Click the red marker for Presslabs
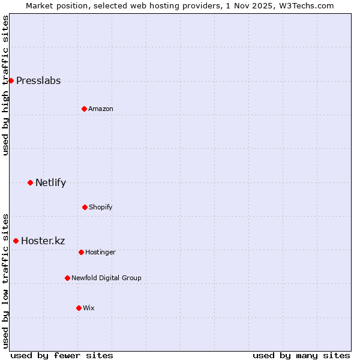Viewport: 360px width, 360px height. [x=11, y=80]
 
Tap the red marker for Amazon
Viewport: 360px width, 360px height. [x=84, y=109]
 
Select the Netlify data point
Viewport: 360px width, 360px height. [x=30, y=182]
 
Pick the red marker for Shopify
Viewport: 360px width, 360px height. [x=85, y=207]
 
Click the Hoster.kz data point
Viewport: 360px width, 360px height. [x=16, y=241]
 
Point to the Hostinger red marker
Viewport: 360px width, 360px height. [x=81, y=252]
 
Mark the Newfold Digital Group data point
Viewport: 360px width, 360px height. [x=67, y=278]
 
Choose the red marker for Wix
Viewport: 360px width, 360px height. [x=79, y=308]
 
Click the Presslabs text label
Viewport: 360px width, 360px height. [x=38, y=81]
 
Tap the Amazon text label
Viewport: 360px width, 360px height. [x=101, y=109]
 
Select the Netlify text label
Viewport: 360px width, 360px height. [x=50, y=183]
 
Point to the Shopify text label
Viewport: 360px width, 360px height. [x=101, y=208]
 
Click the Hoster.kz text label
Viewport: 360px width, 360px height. [x=43, y=241]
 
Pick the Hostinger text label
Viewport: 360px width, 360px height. [x=100, y=253]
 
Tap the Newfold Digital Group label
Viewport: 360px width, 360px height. [x=106, y=278]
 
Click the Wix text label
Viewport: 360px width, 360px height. [x=89, y=308]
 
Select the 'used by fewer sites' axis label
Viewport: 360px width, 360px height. [x=62, y=355]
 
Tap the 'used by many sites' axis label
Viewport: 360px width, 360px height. [x=301, y=355]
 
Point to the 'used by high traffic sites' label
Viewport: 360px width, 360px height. [x=5, y=85]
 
